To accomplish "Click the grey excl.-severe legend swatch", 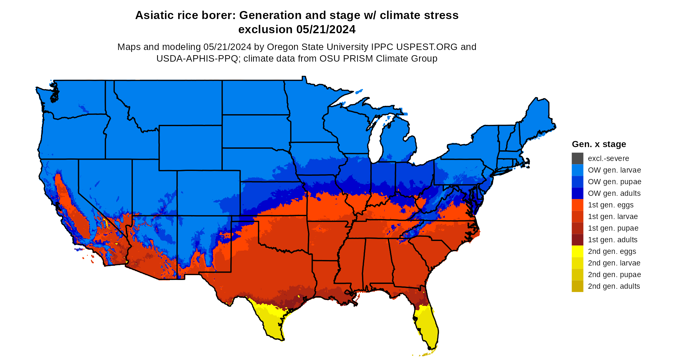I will tap(577, 158).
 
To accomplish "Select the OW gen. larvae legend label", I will tap(614, 170).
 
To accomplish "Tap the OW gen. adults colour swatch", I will tap(577, 193).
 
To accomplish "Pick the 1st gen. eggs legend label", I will tap(611, 205).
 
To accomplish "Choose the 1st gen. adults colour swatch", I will tap(577, 240).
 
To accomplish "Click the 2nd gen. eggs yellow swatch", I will tap(577, 251).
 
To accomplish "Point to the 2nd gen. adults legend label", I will tap(614, 286).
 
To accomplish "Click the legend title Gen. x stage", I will tap(599, 144).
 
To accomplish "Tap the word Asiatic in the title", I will tap(153, 15).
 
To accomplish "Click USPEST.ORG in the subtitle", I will tap(427, 47).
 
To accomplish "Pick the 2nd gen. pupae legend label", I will tap(614, 275).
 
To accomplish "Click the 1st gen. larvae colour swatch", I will tap(577, 216).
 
